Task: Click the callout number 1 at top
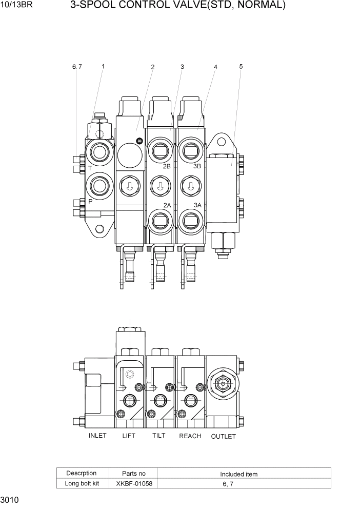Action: [x=103, y=66]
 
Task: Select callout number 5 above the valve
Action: [x=241, y=66]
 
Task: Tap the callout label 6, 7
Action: [x=77, y=66]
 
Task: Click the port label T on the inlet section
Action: [x=90, y=168]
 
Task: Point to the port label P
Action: [x=90, y=202]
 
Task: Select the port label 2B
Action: [x=167, y=167]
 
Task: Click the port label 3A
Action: [x=197, y=205]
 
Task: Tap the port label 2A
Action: [x=167, y=205]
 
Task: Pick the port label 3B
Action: [x=197, y=167]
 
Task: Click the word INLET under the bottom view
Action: [x=97, y=436]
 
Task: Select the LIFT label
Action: [x=129, y=436]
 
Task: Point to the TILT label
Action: [x=159, y=436]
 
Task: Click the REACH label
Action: [x=190, y=436]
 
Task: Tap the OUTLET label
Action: [x=224, y=437]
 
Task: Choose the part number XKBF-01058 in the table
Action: [x=134, y=483]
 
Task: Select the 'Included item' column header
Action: [x=239, y=474]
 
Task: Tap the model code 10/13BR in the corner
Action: [x=17, y=6]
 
